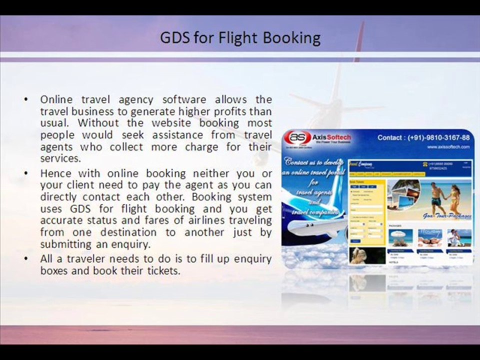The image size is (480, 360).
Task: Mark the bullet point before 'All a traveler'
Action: tap(26, 259)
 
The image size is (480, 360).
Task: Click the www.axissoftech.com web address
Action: tap(448, 147)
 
